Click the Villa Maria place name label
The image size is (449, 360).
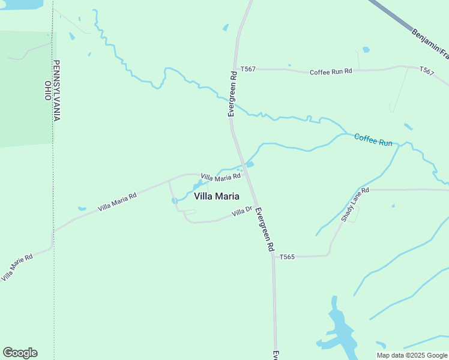coord(217,196)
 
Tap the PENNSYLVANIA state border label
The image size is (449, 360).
coord(57,90)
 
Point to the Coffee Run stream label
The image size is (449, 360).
coord(373,140)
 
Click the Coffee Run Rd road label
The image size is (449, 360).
coord(331,71)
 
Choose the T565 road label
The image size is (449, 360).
coord(287,257)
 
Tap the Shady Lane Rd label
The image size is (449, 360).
coord(355,205)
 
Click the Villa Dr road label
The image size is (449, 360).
coord(243,211)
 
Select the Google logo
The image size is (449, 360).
coord(20,353)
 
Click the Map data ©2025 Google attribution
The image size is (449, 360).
coord(412,355)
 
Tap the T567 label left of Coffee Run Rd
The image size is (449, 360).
coord(248,69)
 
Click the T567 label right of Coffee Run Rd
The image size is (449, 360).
coord(426,71)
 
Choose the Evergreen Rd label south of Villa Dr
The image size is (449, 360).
coord(265,229)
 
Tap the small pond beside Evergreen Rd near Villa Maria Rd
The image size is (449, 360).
coord(250,164)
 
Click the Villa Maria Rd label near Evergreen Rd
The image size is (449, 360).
coord(220,177)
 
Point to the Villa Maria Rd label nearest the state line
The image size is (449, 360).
coord(118,201)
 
